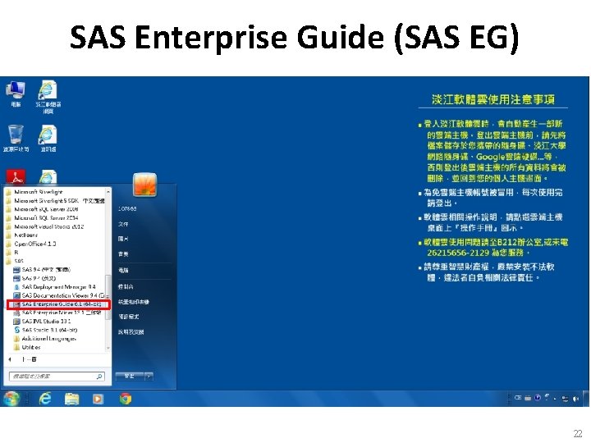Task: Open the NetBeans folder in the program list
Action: (x=28, y=235)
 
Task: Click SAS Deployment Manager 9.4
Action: (x=59, y=287)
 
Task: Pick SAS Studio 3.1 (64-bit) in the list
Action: (x=54, y=330)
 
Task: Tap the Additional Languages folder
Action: (x=46, y=339)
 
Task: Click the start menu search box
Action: (x=56, y=377)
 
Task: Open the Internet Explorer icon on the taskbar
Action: (x=45, y=399)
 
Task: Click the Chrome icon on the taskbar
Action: (x=126, y=399)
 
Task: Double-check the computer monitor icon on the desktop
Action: (x=16, y=89)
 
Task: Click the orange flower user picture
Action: (x=145, y=185)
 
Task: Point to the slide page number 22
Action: (x=578, y=433)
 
